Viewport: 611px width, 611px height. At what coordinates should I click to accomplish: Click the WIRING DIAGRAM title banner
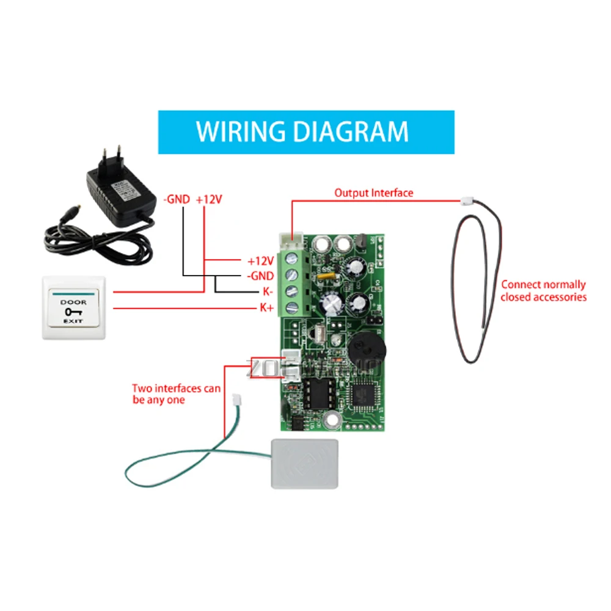click(x=305, y=131)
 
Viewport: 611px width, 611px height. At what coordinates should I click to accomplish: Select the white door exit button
click(x=73, y=307)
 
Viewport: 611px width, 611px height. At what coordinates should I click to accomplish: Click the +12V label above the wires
click(x=210, y=199)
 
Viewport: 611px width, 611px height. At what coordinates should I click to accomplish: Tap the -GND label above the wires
click(x=178, y=199)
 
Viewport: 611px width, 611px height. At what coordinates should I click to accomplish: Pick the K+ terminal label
click(x=267, y=308)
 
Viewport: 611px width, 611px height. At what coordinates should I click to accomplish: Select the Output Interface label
click(x=373, y=193)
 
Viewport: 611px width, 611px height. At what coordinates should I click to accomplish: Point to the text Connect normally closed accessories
click(x=543, y=291)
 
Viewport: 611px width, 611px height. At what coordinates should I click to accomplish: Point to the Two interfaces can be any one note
click(x=177, y=394)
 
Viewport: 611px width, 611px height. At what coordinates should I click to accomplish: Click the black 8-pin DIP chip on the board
click(x=319, y=394)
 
